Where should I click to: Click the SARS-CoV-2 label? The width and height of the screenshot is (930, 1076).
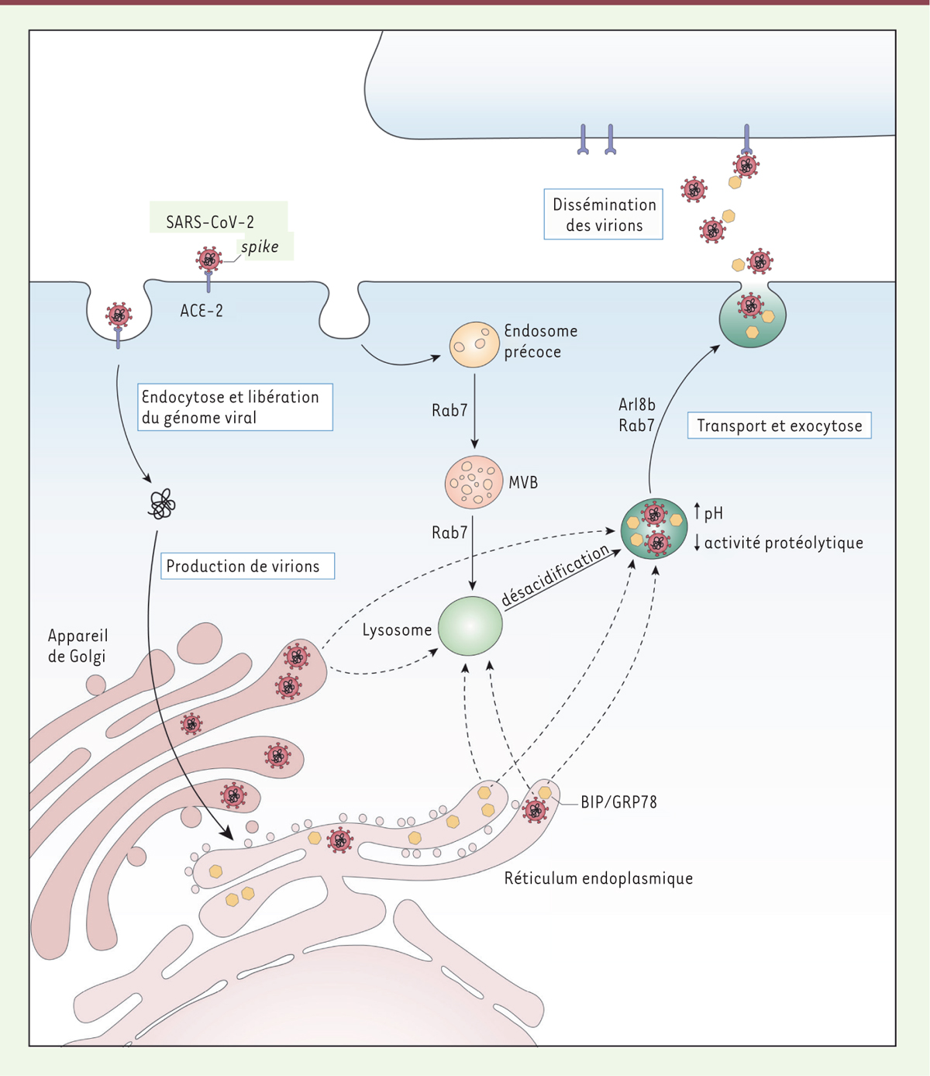pos(210,222)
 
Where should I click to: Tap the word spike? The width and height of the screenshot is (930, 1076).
pos(260,247)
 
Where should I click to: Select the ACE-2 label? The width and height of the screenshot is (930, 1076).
pos(201,311)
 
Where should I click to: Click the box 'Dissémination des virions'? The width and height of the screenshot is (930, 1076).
pos(604,215)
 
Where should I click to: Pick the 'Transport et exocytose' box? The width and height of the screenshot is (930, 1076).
pos(779,426)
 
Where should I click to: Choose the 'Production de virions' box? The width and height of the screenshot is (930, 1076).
pos(243,567)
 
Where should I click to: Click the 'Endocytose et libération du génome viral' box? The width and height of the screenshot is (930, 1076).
pos(235,407)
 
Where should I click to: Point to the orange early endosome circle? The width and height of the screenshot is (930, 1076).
pos(474,345)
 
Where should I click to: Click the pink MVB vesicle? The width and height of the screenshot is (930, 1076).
pos(474,482)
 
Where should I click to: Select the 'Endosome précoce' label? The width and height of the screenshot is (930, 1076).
pos(540,341)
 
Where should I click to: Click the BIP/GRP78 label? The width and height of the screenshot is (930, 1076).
pos(618,802)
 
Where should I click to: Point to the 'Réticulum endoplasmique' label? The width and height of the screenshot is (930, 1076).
pos(598,878)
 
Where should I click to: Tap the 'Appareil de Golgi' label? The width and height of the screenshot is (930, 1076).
pos(77,646)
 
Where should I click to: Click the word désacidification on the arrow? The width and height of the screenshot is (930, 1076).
pos(555,575)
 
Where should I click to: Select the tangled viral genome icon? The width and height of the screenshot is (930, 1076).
pos(162,505)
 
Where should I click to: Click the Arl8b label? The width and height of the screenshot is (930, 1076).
pos(637,405)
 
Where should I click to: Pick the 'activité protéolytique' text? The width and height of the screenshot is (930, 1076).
pos(784,543)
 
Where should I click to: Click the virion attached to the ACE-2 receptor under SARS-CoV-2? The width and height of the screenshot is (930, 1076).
pos(208,258)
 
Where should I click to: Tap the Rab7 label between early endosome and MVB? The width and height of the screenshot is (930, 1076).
pos(449,410)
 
